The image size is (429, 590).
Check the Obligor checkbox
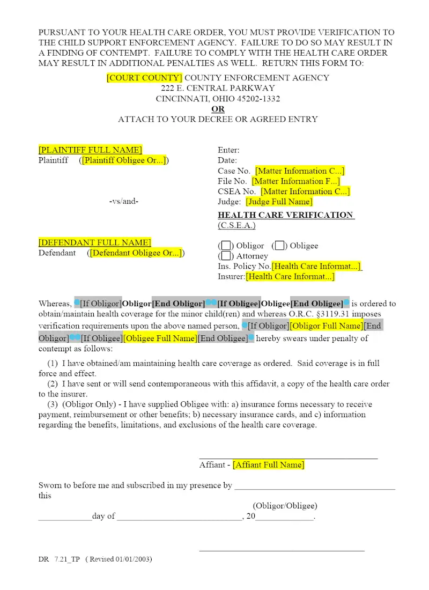(226, 246)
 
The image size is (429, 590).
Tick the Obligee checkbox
(279, 246)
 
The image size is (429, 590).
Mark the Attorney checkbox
(226, 256)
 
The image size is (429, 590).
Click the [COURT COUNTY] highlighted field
(144, 78)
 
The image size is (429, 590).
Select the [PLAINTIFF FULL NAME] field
(90, 150)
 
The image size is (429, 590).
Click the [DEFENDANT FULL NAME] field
(94, 242)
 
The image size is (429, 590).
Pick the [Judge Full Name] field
(279, 202)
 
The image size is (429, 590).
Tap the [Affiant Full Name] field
(268, 464)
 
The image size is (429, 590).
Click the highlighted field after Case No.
(300, 171)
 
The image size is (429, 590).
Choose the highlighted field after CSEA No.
(305, 191)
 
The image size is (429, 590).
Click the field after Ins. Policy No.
(316, 266)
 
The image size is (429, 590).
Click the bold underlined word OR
(218, 109)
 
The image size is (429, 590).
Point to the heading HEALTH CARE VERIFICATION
(285, 215)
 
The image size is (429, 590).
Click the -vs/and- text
(123, 202)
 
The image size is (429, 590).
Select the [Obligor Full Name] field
(326, 326)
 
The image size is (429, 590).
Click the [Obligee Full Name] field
(160, 338)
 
